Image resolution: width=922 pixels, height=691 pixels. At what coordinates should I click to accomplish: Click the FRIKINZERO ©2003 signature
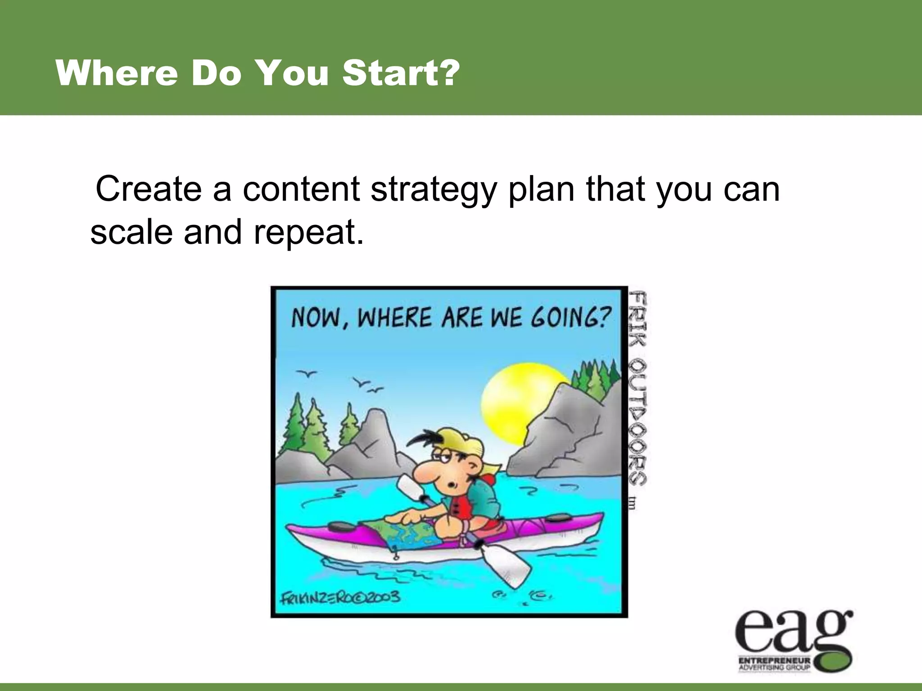tap(340, 597)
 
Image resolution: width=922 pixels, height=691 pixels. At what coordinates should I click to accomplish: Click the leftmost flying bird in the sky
tap(307, 373)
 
